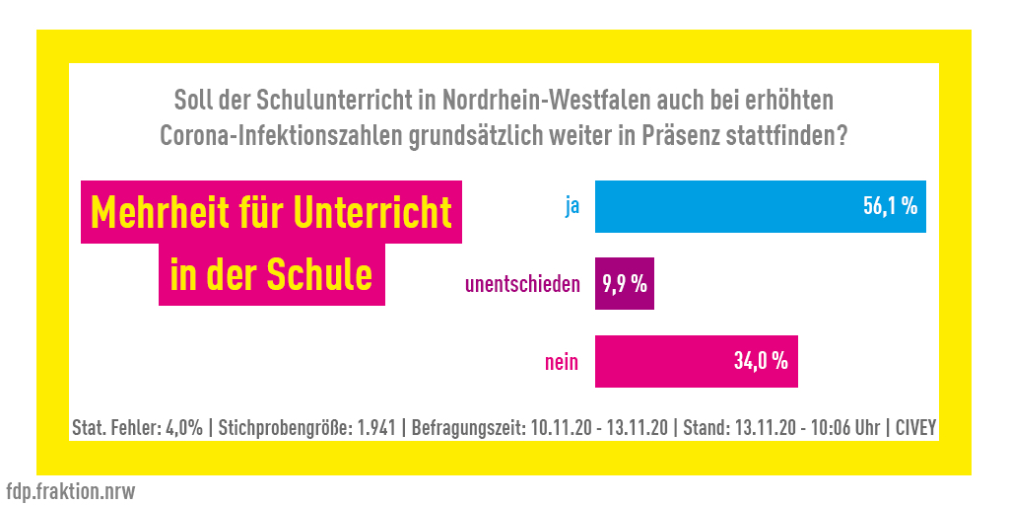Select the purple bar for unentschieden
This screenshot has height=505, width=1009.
pyautogui.click(x=625, y=285)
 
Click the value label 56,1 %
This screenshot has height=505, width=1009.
pyautogui.click(x=890, y=207)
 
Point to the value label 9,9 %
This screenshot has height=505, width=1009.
pyautogui.click(x=625, y=285)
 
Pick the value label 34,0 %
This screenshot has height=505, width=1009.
pyautogui.click(x=761, y=362)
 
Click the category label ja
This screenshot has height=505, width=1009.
pyautogui.click(x=572, y=208)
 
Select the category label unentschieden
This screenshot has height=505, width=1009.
pyautogui.click(x=521, y=285)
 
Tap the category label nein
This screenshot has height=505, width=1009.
pyautogui.click(x=562, y=362)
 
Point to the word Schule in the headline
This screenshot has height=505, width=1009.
pyautogui.click(x=320, y=274)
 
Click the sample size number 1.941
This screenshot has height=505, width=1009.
pyautogui.click(x=376, y=429)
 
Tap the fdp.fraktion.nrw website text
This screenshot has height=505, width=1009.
pyautogui.click(x=70, y=490)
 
